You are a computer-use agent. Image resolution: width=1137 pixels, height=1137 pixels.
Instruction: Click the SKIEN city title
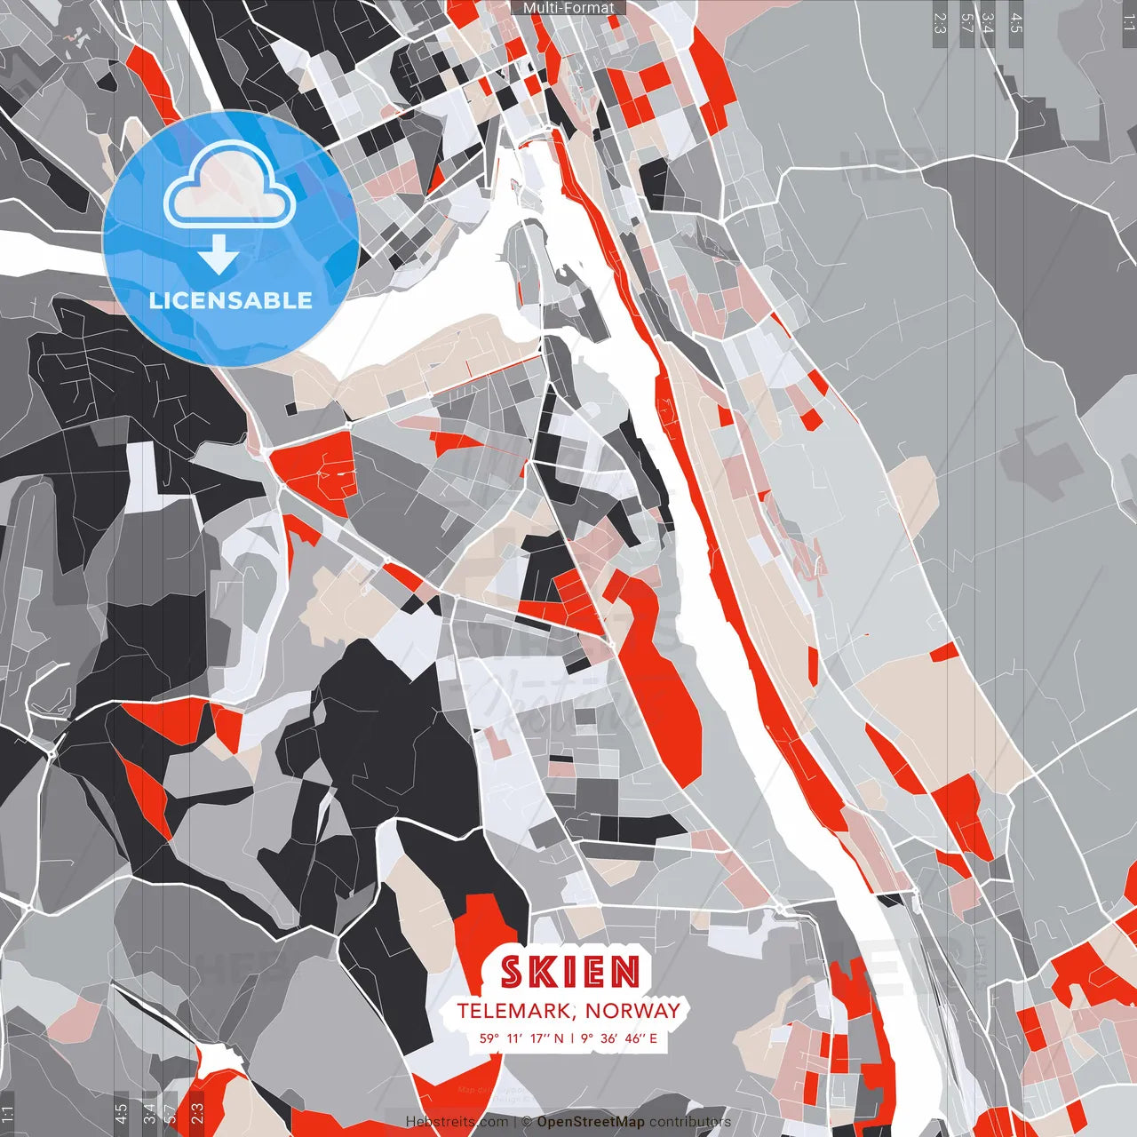[x=569, y=972]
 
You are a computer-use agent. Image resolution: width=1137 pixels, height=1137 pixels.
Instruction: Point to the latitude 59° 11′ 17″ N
[x=521, y=1038]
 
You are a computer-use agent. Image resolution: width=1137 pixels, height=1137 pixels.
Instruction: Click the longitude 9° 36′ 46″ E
[x=621, y=1038]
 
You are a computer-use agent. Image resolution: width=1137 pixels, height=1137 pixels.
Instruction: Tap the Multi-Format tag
[x=568, y=8]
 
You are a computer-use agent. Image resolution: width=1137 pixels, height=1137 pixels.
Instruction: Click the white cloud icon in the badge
[x=230, y=187]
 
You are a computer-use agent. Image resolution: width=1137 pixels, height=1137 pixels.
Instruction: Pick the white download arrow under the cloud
[x=218, y=255]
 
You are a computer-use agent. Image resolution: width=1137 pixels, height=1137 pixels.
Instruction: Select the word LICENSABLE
[x=230, y=300]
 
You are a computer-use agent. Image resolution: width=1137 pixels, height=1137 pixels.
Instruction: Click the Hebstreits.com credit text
[x=457, y=1122]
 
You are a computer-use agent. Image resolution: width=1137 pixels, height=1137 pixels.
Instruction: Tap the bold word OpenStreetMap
[x=591, y=1122]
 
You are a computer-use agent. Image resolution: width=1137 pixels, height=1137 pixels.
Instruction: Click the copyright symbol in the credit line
[x=526, y=1122]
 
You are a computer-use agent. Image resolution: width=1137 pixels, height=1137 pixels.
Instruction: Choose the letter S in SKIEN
[x=512, y=972]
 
